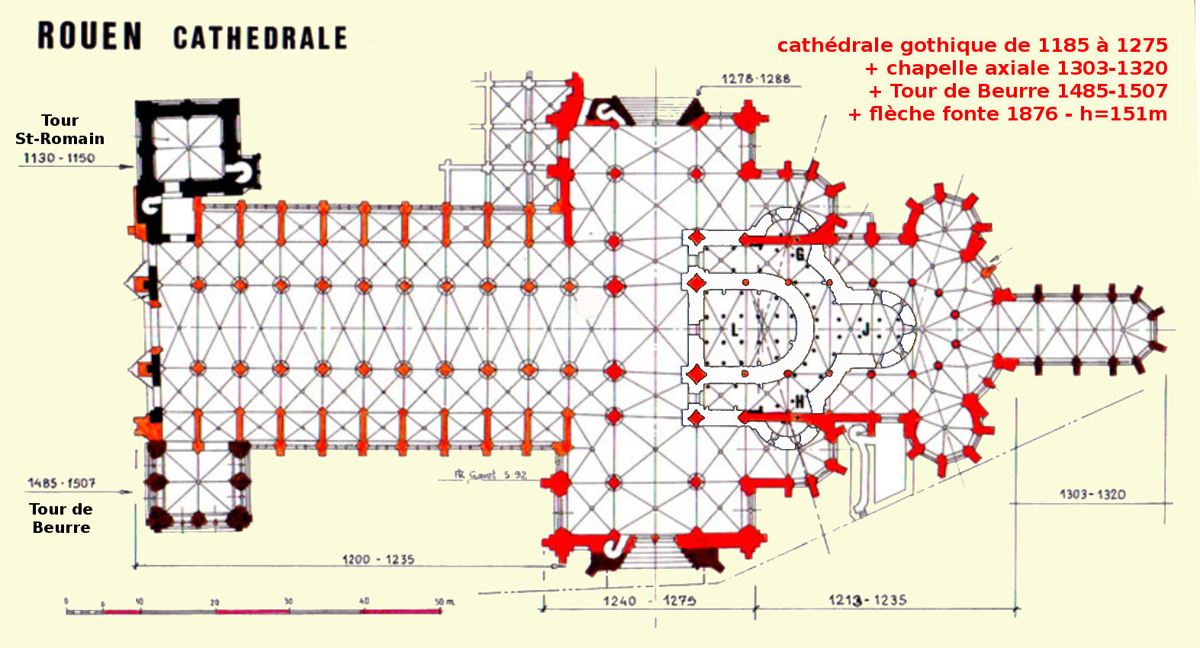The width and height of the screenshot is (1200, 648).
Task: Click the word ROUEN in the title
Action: click(x=89, y=37)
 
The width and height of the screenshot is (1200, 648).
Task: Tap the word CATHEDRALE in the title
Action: click(x=260, y=38)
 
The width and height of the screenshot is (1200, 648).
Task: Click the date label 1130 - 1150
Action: click(x=59, y=158)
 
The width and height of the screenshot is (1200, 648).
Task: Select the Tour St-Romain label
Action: click(x=60, y=130)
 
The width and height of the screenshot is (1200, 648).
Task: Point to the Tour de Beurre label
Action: click(x=61, y=518)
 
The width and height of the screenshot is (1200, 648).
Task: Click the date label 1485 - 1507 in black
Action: click(x=62, y=483)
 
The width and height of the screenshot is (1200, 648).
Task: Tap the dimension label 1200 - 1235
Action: click(x=378, y=560)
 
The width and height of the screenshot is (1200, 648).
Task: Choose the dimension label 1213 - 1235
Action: click(x=867, y=600)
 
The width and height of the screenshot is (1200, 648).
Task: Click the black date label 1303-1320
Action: click(x=1092, y=494)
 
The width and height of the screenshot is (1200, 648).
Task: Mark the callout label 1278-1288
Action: click(x=756, y=79)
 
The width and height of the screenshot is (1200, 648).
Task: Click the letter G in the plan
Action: click(x=799, y=255)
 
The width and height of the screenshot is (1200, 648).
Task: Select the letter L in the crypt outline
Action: click(x=735, y=330)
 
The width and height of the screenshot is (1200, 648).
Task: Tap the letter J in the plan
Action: click(x=866, y=329)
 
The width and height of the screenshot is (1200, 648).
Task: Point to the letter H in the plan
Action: click(x=799, y=402)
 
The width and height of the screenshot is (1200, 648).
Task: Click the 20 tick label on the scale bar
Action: click(x=214, y=602)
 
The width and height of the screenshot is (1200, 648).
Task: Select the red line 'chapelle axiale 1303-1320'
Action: click(x=1016, y=69)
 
